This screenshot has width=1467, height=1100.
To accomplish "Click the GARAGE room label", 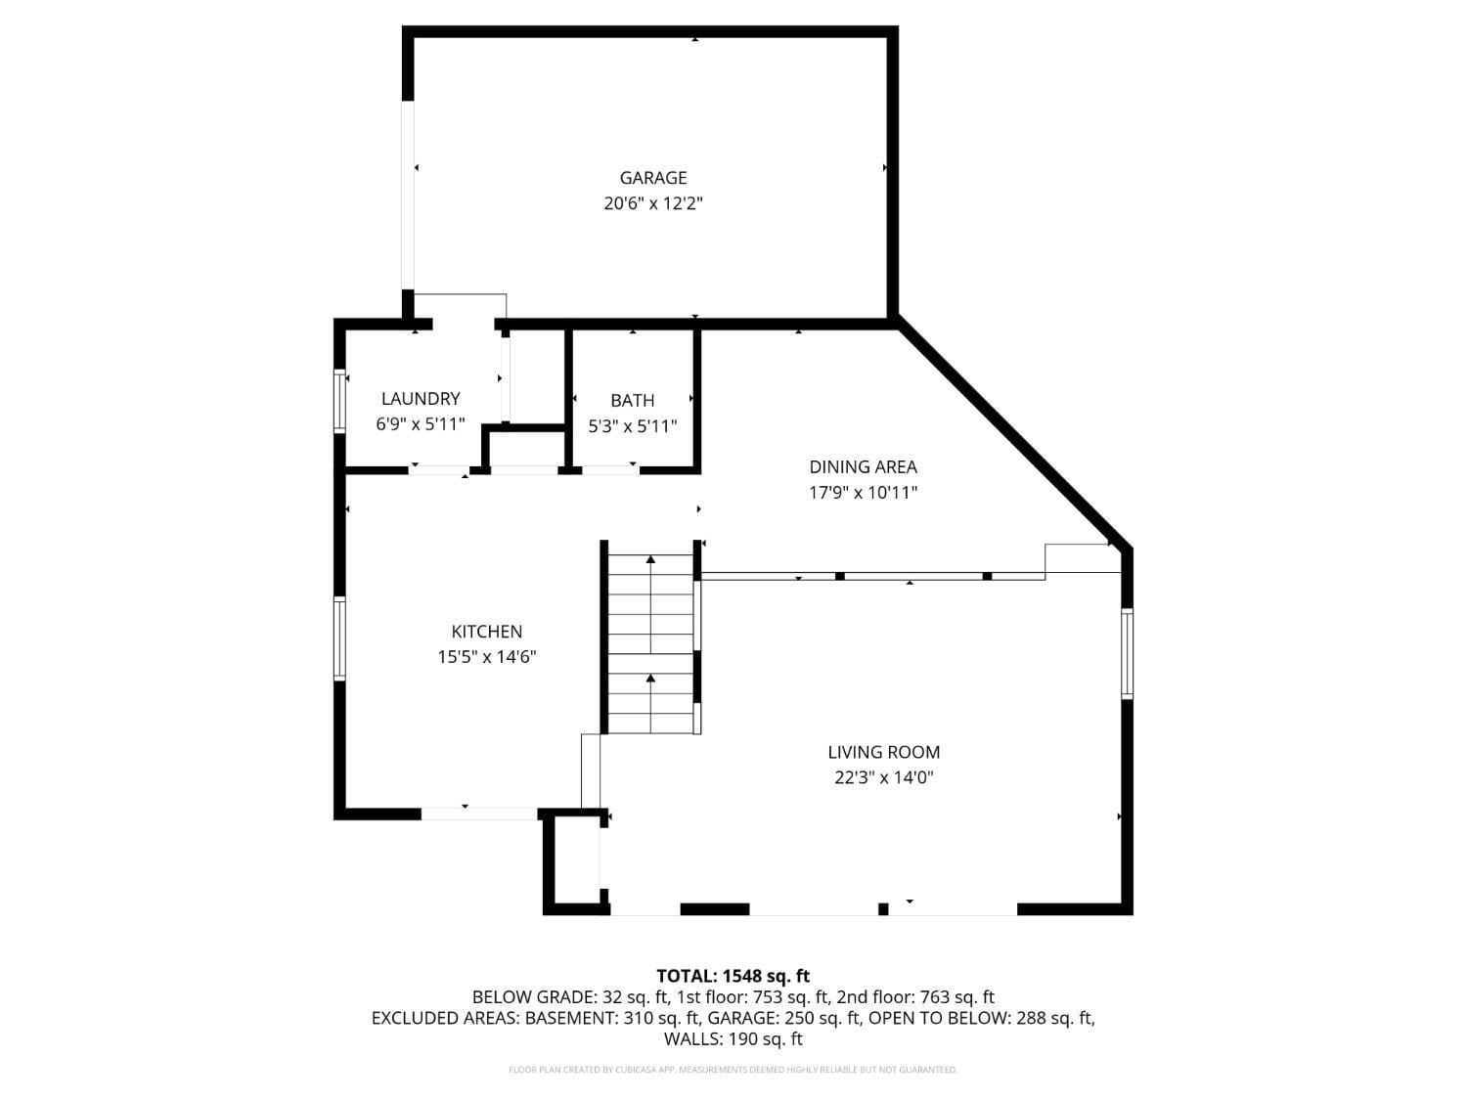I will [x=652, y=178].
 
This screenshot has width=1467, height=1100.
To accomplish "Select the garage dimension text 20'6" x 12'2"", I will [x=652, y=203].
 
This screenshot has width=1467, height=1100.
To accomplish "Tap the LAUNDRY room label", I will [x=420, y=399].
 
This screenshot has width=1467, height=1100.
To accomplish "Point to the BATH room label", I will [x=632, y=401].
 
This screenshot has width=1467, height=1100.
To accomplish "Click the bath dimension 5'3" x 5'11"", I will [x=632, y=426].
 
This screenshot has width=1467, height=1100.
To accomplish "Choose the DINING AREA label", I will [x=863, y=467].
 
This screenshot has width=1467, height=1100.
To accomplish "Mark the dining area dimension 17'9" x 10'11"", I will [x=863, y=493].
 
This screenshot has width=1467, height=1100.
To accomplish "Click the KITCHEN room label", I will [x=486, y=632].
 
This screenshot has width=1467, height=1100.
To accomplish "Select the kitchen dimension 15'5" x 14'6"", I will [x=486, y=657].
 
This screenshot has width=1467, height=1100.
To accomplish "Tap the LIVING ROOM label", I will [x=883, y=752].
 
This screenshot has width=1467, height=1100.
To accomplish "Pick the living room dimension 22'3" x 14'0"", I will [x=883, y=778].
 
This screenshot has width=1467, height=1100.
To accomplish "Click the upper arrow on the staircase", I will [x=650, y=560].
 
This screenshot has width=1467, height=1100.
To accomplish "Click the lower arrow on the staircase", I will [x=650, y=678].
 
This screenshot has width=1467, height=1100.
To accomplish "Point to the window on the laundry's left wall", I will [x=339, y=401].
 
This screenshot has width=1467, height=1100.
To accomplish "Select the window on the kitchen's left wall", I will [x=339, y=638].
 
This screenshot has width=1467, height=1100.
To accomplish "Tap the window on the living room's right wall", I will [x=1127, y=653].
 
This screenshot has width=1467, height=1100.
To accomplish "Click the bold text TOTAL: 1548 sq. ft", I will [x=733, y=976].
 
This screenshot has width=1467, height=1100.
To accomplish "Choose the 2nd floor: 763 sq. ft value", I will [x=915, y=997].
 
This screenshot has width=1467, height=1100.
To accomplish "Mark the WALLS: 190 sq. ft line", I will [x=733, y=1039].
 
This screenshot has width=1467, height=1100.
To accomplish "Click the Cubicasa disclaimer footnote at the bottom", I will [x=733, y=1070].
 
